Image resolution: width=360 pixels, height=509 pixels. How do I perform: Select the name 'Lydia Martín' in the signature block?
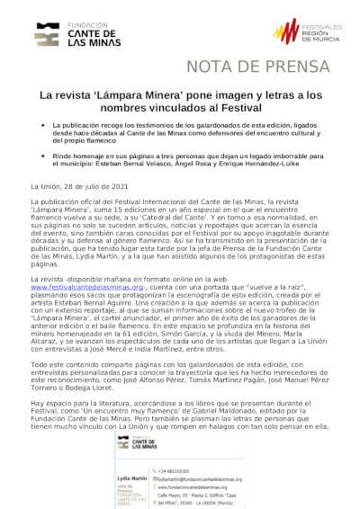(107, 479)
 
